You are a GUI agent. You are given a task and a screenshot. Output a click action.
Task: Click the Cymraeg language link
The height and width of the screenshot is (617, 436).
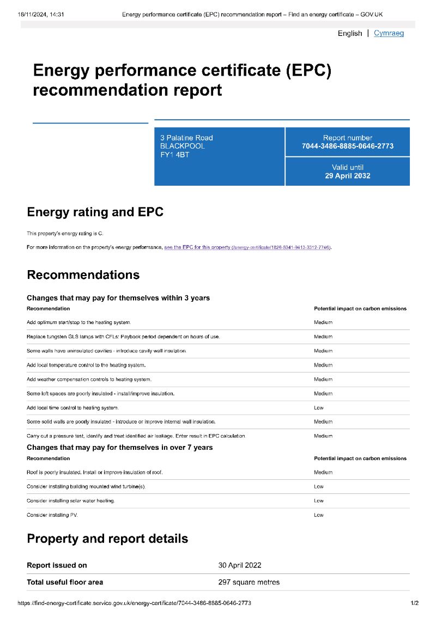[x=389, y=33]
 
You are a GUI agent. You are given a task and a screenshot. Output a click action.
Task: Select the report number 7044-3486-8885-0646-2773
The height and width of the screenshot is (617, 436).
[x=347, y=146]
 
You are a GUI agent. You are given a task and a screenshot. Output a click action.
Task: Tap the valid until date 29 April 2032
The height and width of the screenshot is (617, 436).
[x=347, y=176]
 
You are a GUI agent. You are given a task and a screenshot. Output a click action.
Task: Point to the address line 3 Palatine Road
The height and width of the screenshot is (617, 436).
[x=186, y=138]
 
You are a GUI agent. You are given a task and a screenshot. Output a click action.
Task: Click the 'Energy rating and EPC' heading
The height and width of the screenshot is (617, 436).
[x=95, y=212]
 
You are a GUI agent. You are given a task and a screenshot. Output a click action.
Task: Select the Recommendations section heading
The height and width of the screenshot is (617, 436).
[x=83, y=274]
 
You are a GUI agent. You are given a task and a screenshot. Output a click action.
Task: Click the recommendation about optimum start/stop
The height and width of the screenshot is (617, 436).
[x=78, y=322]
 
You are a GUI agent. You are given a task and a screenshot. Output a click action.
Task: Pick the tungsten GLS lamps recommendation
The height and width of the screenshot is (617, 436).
[x=123, y=337]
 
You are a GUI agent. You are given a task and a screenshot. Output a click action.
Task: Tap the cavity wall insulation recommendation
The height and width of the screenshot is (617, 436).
[x=106, y=351]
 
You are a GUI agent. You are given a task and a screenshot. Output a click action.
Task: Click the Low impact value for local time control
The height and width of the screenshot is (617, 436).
[x=319, y=407]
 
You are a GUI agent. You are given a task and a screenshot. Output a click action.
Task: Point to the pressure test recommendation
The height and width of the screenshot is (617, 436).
[x=136, y=436]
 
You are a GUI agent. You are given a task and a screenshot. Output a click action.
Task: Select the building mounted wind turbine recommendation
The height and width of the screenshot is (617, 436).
[x=86, y=486]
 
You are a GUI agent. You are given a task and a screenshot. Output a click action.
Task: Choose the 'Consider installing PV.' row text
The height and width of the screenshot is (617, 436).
[x=52, y=515]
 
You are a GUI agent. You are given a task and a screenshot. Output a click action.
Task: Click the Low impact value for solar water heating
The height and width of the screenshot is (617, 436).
[x=319, y=500]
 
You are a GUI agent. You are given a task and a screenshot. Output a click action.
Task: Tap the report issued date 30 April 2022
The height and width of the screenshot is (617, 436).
[x=240, y=565]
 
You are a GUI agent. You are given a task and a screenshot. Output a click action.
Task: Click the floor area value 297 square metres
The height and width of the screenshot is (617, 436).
[x=249, y=582]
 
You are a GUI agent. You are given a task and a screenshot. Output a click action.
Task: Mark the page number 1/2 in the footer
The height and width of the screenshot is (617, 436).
[x=414, y=603]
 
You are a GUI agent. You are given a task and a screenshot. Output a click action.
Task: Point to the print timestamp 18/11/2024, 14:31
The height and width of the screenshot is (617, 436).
[x=41, y=14]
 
